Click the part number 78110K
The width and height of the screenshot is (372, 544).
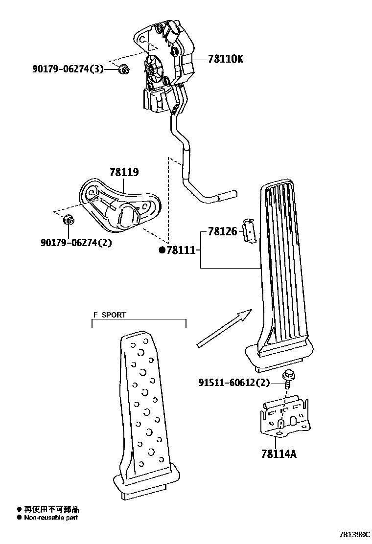pyautogui.click(x=225, y=59)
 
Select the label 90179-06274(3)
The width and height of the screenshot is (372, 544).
pyautogui.click(x=68, y=69)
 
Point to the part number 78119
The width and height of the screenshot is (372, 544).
pyautogui.click(x=124, y=172)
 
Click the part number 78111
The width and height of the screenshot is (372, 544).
pyautogui.click(x=181, y=250)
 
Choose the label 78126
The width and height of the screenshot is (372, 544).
pyautogui.click(x=222, y=231)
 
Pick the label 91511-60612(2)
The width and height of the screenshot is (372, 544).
pyautogui.click(x=234, y=383)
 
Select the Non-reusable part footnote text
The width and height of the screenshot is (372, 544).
pyautogui.click(x=51, y=518)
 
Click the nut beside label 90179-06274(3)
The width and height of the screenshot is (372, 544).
pyautogui.click(x=124, y=71)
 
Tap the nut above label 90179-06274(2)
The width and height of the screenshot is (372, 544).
pyautogui.click(x=69, y=221)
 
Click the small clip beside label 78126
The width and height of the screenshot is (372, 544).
pyautogui.click(x=250, y=230)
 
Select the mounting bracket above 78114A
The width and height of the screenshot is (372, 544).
pyautogui.click(x=283, y=415)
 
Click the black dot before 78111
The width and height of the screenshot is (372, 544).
pyautogui.click(x=162, y=250)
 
